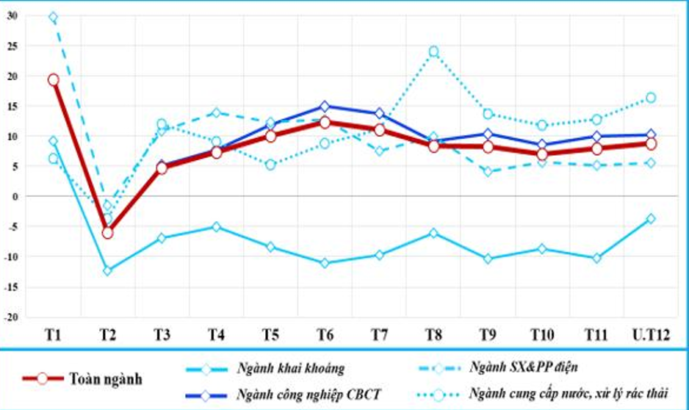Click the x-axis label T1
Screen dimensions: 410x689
(53, 335)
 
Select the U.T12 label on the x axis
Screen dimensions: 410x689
(649, 335)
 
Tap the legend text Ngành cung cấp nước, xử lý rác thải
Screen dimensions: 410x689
(569, 394)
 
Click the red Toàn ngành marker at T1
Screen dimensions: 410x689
(53, 79)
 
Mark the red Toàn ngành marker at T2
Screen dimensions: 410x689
(107, 232)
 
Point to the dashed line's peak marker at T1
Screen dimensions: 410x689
(53, 18)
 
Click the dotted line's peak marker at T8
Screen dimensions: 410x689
(433, 51)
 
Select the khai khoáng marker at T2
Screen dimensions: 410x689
(107, 270)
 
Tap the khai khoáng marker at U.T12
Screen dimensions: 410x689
(650, 218)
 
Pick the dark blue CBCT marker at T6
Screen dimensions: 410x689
(325, 107)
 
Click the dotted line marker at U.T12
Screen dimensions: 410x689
(650, 98)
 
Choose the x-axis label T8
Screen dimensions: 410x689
(433, 335)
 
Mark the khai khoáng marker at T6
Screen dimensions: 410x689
(325, 262)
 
